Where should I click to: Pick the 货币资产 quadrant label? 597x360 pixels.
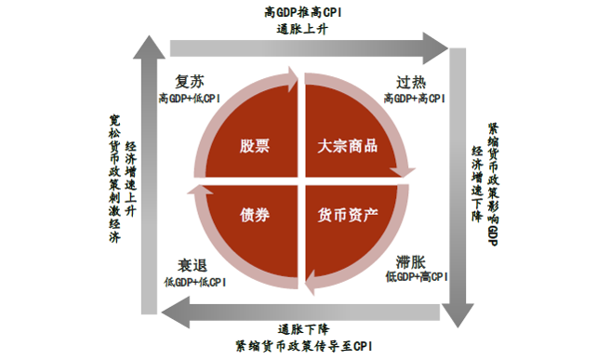pyautogui.click(x=347, y=216)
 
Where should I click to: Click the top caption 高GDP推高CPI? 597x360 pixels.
pyautogui.click(x=298, y=12)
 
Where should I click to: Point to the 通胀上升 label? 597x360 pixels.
pyautogui.click(x=298, y=28)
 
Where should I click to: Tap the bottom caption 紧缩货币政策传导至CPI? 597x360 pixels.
pyautogui.click(x=298, y=345)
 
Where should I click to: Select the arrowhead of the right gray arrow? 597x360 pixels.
pyautogui.click(x=456, y=314)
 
